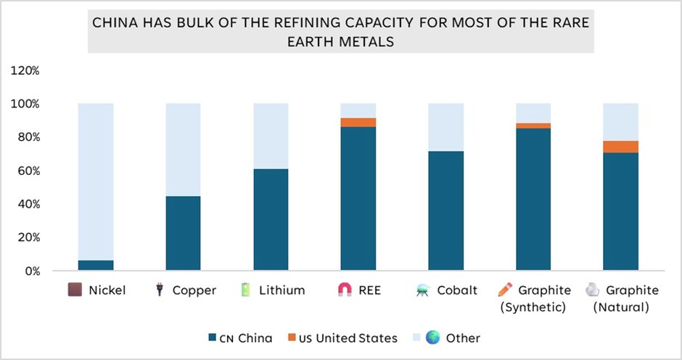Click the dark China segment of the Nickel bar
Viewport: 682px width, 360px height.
coord(96,266)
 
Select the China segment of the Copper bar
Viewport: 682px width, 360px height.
coord(183,234)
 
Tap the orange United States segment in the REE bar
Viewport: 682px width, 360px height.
coord(358,123)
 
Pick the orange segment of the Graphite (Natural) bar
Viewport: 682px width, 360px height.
coord(621,147)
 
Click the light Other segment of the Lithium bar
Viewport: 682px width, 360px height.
coord(271,136)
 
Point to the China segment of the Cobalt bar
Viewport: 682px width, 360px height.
coord(446,211)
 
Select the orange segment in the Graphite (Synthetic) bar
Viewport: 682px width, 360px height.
coord(533,126)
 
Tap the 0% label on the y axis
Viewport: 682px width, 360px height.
coord(30,271)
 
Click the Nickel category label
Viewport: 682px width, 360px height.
coord(107,290)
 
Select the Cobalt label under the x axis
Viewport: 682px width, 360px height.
coord(457,290)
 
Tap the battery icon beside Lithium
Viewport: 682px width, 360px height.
coord(246,290)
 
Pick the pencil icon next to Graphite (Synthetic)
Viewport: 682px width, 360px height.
coord(505,290)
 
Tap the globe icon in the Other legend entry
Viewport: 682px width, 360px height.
coord(433,337)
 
